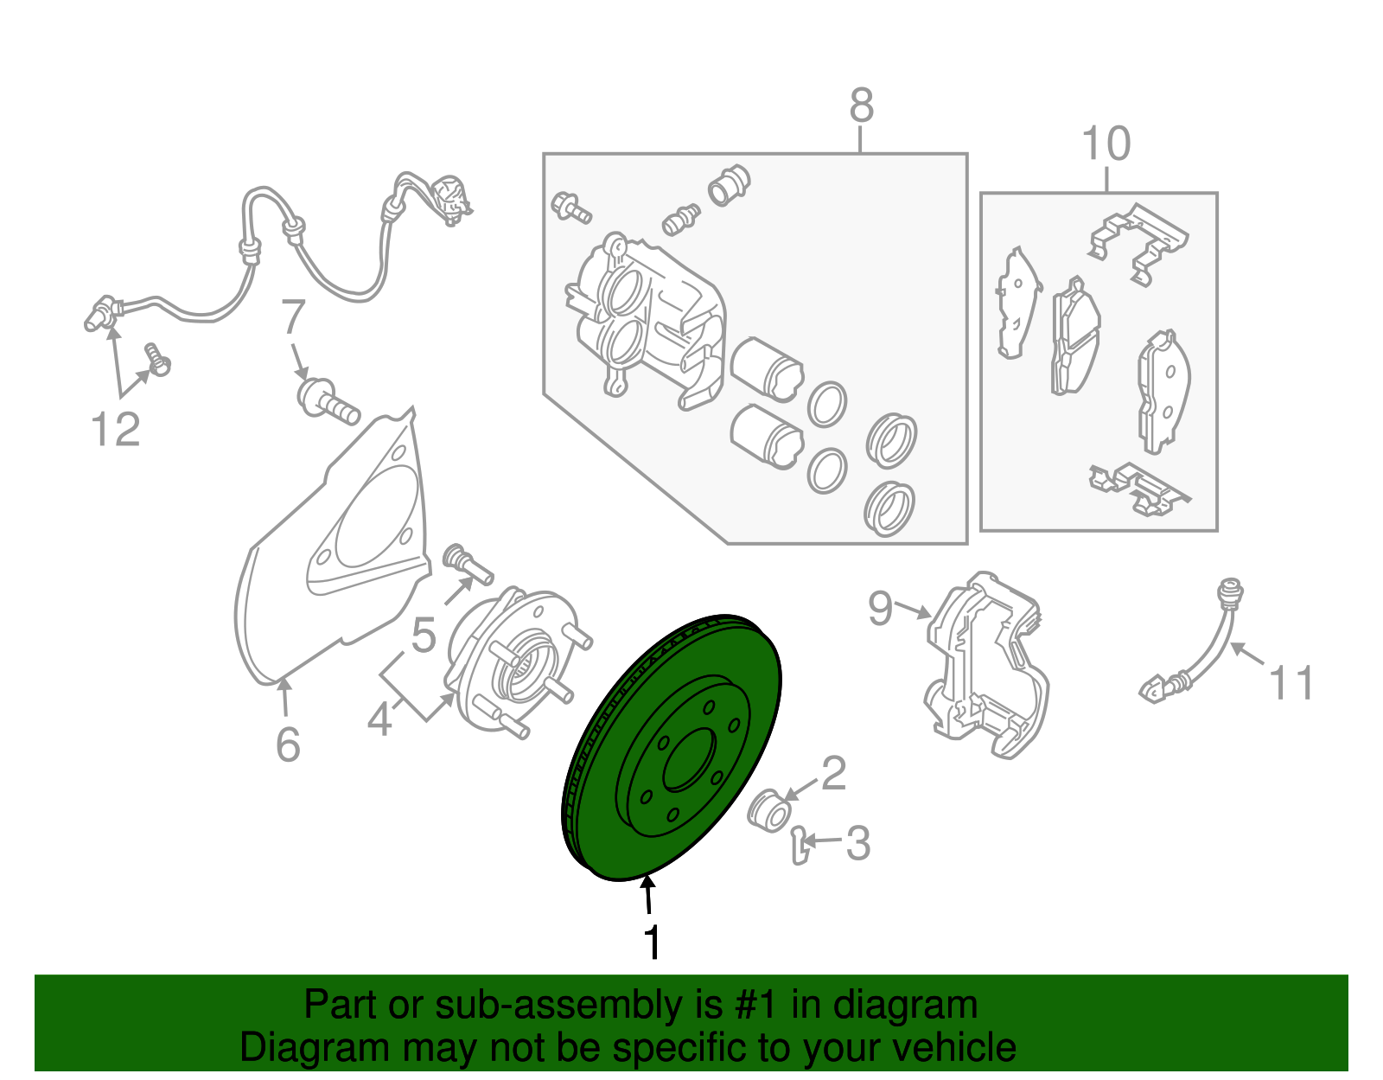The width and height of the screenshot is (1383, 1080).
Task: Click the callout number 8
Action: click(861, 105)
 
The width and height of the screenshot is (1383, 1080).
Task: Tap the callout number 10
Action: click(1106, 144)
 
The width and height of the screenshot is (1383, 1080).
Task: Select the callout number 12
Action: click(115, 429)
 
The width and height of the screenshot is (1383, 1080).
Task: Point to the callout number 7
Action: click(293, 317)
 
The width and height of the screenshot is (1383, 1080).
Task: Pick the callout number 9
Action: click(881, 609)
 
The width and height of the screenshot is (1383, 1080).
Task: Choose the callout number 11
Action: click(1291, 682)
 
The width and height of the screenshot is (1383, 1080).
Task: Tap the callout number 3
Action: click(857, 843)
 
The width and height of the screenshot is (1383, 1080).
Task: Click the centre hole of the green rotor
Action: click(689, 761)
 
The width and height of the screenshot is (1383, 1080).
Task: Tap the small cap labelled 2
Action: click(768, 811)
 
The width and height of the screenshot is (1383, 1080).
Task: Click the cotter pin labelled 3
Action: click(800, 846)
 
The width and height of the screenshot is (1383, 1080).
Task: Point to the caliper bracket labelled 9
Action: click(985, 665)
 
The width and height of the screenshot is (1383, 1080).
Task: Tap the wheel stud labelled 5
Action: click(468, 564)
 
